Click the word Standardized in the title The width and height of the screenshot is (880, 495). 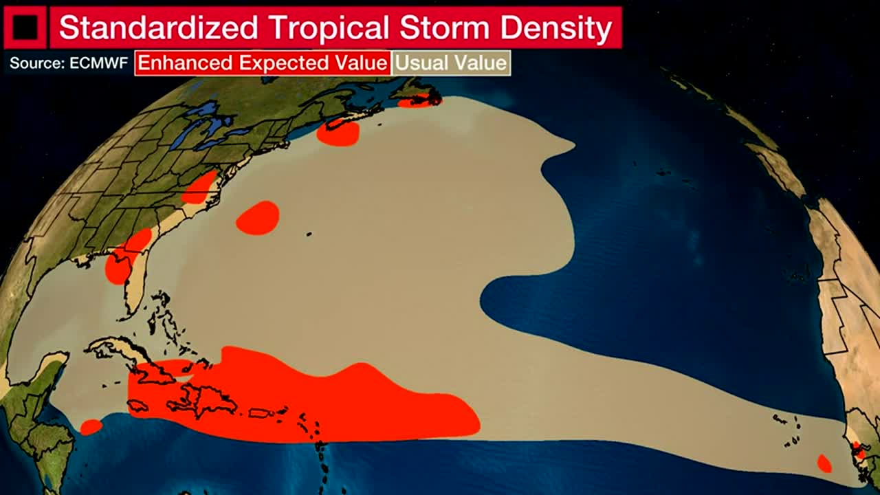pyautogui.click(x=158, y=28)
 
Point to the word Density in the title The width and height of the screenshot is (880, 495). pyautogui.click(x=555, y=28)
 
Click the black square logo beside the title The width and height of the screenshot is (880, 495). pyautogui.click(x=25, y=27)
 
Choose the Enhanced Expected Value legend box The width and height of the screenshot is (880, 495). pyautogui.click(x=263, y=63)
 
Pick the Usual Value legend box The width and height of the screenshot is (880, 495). pyautogui.click(x=451, y=63)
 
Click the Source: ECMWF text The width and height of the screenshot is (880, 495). pyautogui.click(x=69, y=63)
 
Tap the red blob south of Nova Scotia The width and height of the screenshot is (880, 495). pyautogui.click(x=338, y=133)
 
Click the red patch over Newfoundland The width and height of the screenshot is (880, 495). pyautogui.click(x=418, y=102)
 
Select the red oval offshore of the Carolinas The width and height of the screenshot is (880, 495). pyautogui.click(x=258, y=218)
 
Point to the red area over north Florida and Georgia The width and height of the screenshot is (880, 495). pyautogui.click(x=125, y=256)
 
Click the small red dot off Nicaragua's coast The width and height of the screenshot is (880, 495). pyautogui.click(x=91, y=427)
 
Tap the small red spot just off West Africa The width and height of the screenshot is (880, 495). pyautogui.click(x=824, y=463)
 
